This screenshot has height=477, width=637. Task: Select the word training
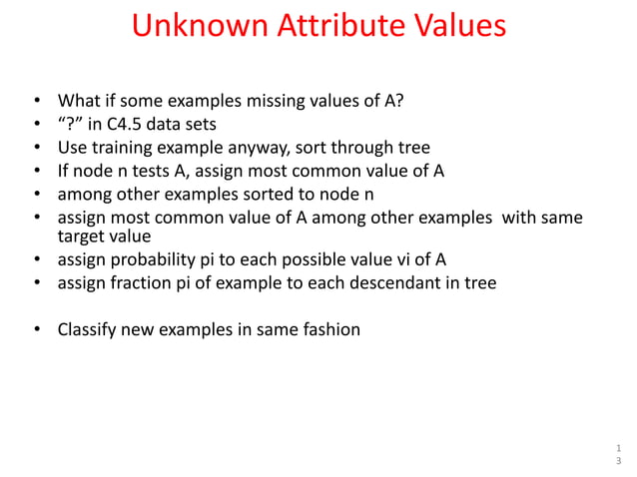click(x=125, y=148)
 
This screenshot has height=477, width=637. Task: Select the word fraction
click(x=136, y=283)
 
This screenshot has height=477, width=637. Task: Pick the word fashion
click(x=330, y=328)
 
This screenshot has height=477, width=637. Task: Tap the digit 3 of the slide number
click(x=617, y=461)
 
